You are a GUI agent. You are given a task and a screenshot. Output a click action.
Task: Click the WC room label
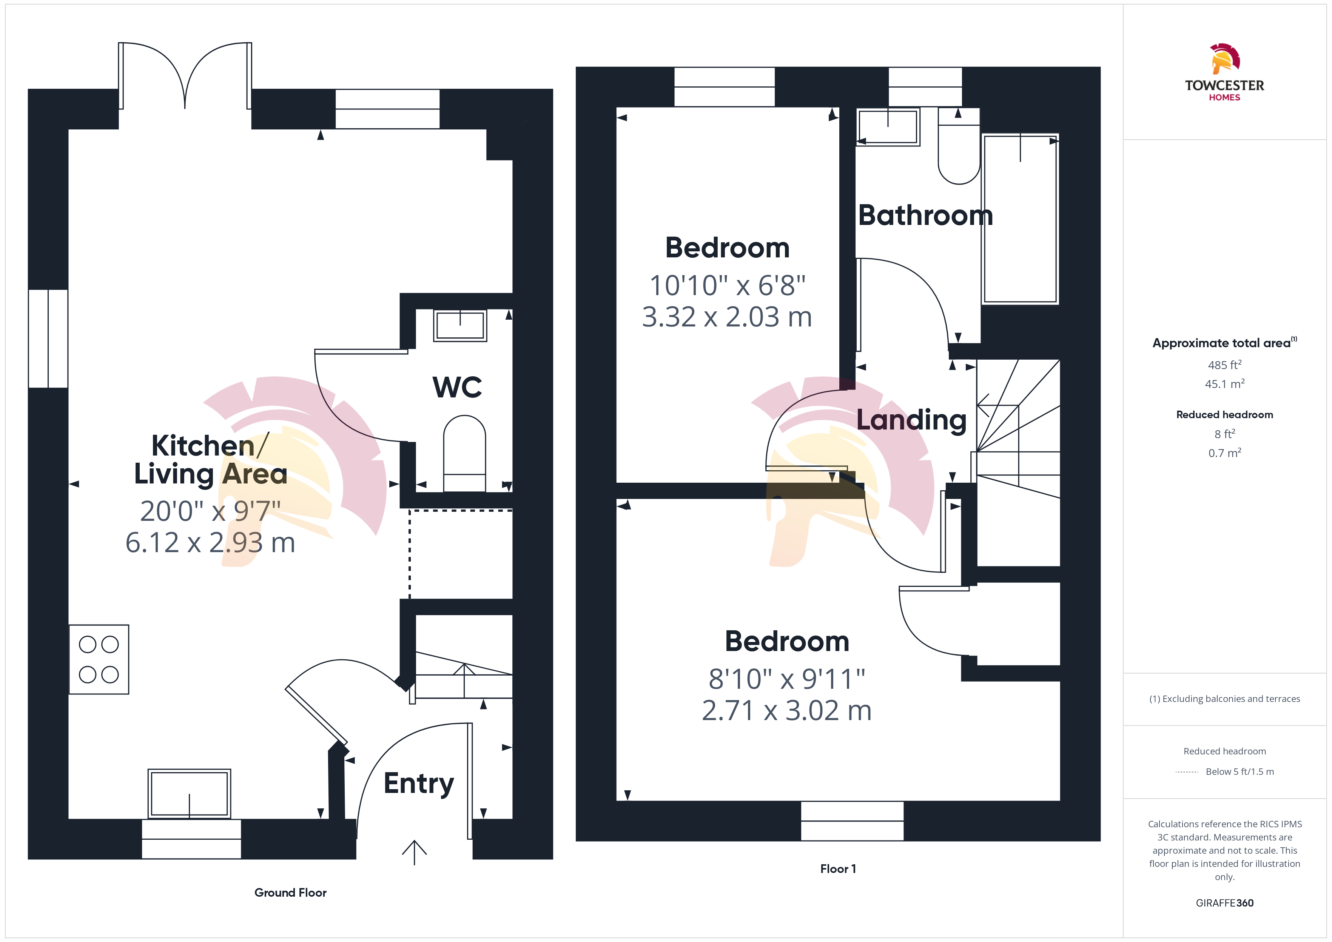tap(457, 387)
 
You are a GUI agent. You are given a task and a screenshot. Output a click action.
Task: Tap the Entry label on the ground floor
tap(419, 783)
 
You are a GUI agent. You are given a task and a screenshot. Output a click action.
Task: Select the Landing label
tap(911, 420)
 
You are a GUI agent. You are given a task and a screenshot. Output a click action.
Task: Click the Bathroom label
tap(925, 215)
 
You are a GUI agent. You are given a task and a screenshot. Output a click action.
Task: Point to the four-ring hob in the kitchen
tap(99, 660)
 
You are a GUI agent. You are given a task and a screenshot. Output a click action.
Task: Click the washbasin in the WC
tap(460, 325)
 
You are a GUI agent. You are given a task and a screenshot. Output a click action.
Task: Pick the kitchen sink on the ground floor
tap(189, 794)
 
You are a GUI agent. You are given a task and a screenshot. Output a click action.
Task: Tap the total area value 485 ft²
tap(1225, 365)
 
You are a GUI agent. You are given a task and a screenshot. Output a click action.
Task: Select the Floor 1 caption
tap(838, 869)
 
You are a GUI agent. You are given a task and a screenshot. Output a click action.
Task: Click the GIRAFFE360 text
tap(1225, 903)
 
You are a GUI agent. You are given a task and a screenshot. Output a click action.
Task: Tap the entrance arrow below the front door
tap(414, 853)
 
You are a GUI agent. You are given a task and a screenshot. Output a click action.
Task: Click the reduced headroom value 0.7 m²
tap(1225, 453)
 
